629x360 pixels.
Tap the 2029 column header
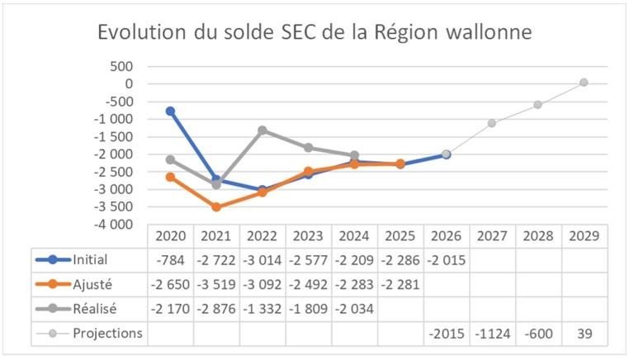pyautogui.click(x=584, y=235)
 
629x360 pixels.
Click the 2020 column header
pyautogui.click(x=170, y=235)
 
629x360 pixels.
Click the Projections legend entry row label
pyautogui.click(x=106, y=333)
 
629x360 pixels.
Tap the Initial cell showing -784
pyautogui.click(x=172, y=260)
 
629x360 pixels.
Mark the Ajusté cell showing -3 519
pyautogui.click(x=216, y=285)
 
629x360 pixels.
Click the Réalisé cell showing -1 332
pyautogui.click(x=262, y=309)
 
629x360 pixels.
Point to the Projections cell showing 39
pyautogui.click(x=584, y=334)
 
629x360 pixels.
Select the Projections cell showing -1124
pyautogui.click(x=492, y=334)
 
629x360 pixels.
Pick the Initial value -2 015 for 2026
pyautogui.click(x=446, y=260)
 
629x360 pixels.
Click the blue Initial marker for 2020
pyautogui.click(x=170, y=111)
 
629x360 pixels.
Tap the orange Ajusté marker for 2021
pyautogui.click(x=216, y=207)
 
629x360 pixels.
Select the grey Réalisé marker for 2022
pyautogui.click(x=262, y=130)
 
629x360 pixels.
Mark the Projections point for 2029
pyautogui.click(x=584, y=82)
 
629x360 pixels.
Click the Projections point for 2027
pyautogui.click(x=492, y=123)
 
